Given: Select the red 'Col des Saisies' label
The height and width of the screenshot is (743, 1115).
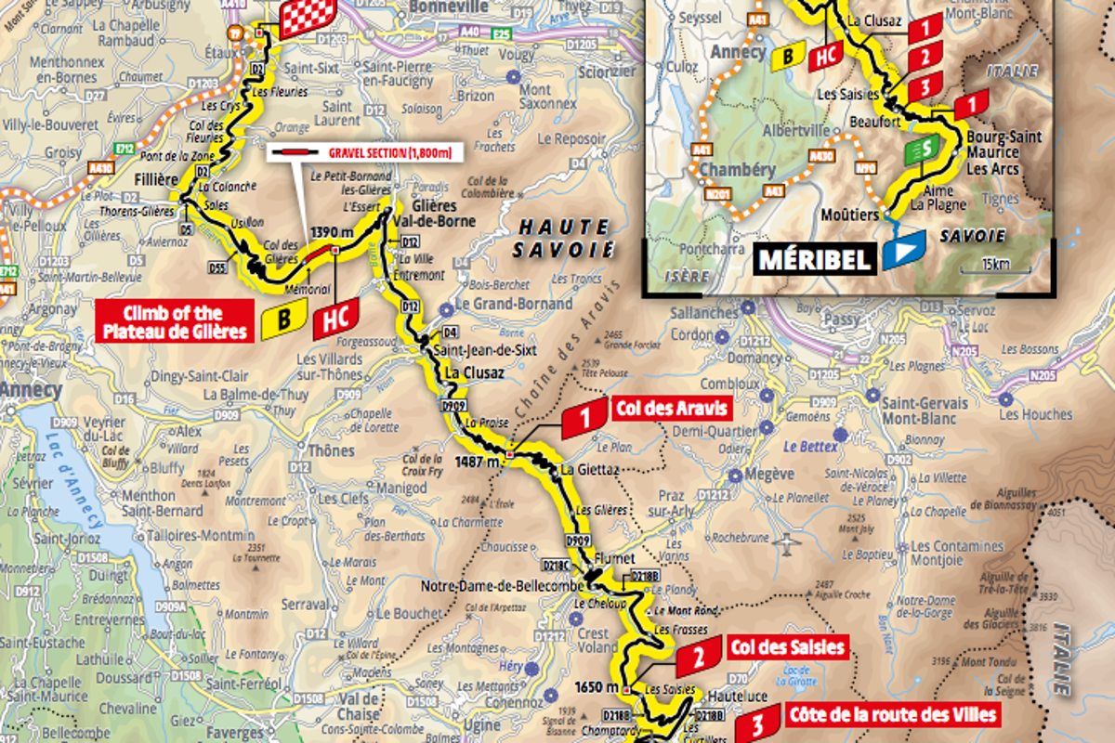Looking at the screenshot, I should [787, 646].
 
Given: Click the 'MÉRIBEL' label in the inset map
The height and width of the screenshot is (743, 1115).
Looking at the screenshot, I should [815, 259].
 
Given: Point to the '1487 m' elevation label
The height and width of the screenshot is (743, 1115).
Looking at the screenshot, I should [477, 460].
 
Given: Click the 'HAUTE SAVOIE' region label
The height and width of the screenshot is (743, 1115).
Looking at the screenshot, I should [564, 238].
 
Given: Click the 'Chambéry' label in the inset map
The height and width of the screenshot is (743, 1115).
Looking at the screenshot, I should [737, 170].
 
